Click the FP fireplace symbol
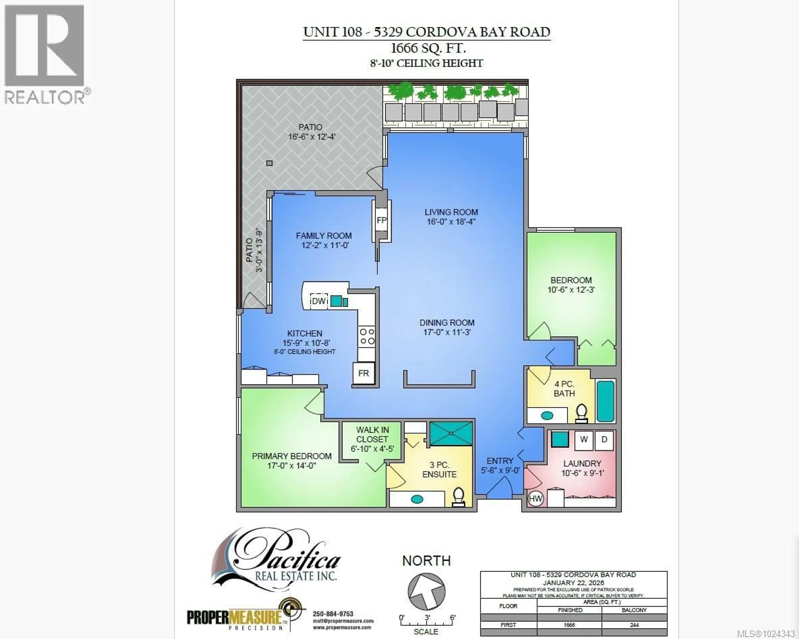point(381,220)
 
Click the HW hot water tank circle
point(535,499)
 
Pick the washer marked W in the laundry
point(584,440)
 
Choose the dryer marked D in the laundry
point(604,440)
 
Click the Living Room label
point(451,212)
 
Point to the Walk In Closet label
point(372,435)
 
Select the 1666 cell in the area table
point(569,625)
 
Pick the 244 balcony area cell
point(634,625)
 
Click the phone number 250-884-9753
point(333,614)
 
